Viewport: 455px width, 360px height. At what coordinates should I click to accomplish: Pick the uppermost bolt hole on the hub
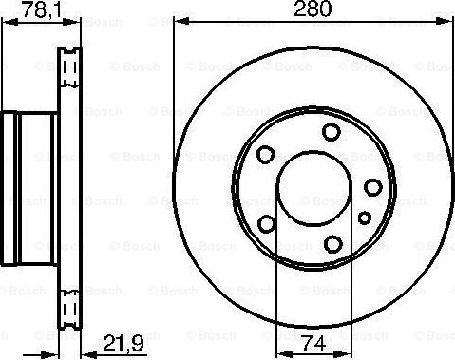tap(330, 132)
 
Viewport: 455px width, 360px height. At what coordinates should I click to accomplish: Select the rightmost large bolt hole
tap(374, 185)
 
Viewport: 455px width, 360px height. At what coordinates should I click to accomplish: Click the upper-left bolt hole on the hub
tap(266, 152)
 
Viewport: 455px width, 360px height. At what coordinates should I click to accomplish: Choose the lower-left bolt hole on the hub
tap(267, 223)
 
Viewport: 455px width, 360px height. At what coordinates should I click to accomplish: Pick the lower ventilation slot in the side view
tap(70, 306)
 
